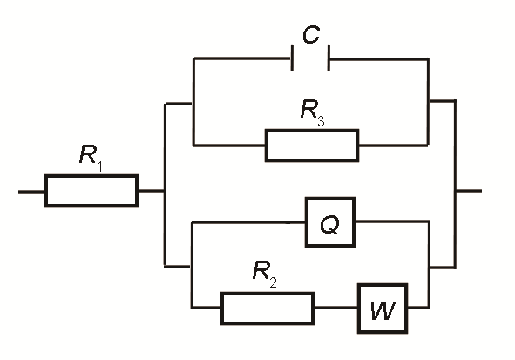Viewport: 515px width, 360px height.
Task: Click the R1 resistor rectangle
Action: click(x=91, y=191)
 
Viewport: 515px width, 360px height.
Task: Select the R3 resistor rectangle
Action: click(x=312, y=146)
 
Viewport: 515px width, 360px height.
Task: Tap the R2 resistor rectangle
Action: click(x=268, y=308)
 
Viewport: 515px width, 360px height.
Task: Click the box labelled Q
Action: click(x=330, y=222)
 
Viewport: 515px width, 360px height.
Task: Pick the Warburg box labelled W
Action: click(x=383, y=309)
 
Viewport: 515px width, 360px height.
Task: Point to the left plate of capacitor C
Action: click(x=292, y=58)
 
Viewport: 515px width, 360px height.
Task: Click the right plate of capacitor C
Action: click(x=329, y=58)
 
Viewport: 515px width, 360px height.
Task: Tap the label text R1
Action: click(x=91, y=158)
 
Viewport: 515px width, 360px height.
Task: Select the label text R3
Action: click(x=312, y=112)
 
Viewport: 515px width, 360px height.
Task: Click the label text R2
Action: click(x=265, y=274)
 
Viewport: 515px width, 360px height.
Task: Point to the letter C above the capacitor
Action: click(x=311, y=35)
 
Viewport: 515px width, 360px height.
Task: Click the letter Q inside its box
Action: click(x=329, y=225)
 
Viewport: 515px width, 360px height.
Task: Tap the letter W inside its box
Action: click(x=383, y=309)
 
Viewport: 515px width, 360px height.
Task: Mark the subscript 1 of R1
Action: click(x=99, y=166)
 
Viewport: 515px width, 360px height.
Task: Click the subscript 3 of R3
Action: click(x=321, y=120)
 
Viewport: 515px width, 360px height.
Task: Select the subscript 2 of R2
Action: click(x=274, y=282)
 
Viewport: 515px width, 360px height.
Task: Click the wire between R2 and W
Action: click(x=336, y=308)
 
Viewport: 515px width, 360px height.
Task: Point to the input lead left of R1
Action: click(x=31, y=191)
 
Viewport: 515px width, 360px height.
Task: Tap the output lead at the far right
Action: click(x=469, y=191)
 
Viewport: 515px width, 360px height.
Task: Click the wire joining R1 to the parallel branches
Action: click(x=152, y=191)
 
